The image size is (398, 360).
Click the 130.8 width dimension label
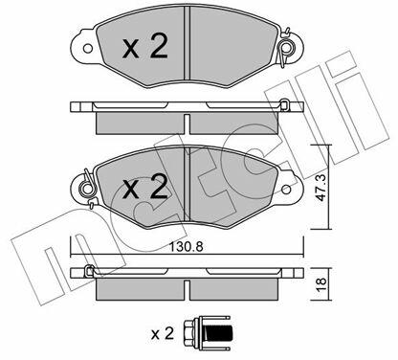point(186,247)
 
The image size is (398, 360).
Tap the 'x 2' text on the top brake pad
point(145,47)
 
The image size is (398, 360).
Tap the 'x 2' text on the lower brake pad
point(145,188)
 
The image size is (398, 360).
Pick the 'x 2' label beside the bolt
point(163,334)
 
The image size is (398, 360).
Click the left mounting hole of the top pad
point(88,49)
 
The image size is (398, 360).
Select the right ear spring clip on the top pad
point(286,48)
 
